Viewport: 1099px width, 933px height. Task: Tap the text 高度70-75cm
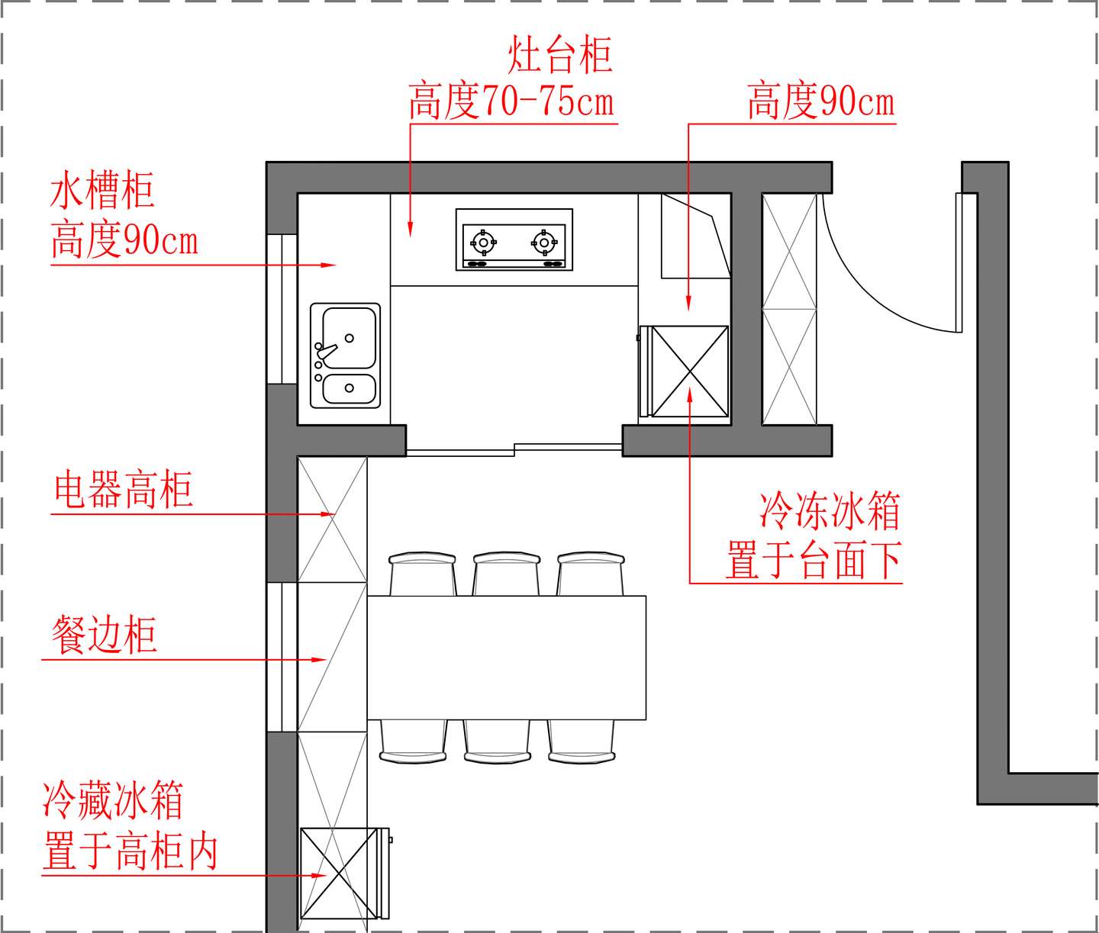[x=511, y=101]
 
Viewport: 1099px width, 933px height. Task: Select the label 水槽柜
[x=102, y=191]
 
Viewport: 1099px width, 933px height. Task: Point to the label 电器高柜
[x=123, y=490]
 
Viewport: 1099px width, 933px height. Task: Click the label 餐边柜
[x=104, y=635]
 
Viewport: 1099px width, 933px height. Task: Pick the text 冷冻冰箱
[x=830, y=510]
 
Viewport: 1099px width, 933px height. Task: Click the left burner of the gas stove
[x=483, y=243]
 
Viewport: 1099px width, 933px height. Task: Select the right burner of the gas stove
[x=544, y=243]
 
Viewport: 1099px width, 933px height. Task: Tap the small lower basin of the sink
[x=349, y=389]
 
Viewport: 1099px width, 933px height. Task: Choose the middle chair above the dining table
[x=508, y=574]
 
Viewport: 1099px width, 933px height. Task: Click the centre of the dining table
[x=507, y=657]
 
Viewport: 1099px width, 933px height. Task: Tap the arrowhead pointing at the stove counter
[x=410, y=229]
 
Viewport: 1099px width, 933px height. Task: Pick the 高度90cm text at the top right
[x=820, y=101]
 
